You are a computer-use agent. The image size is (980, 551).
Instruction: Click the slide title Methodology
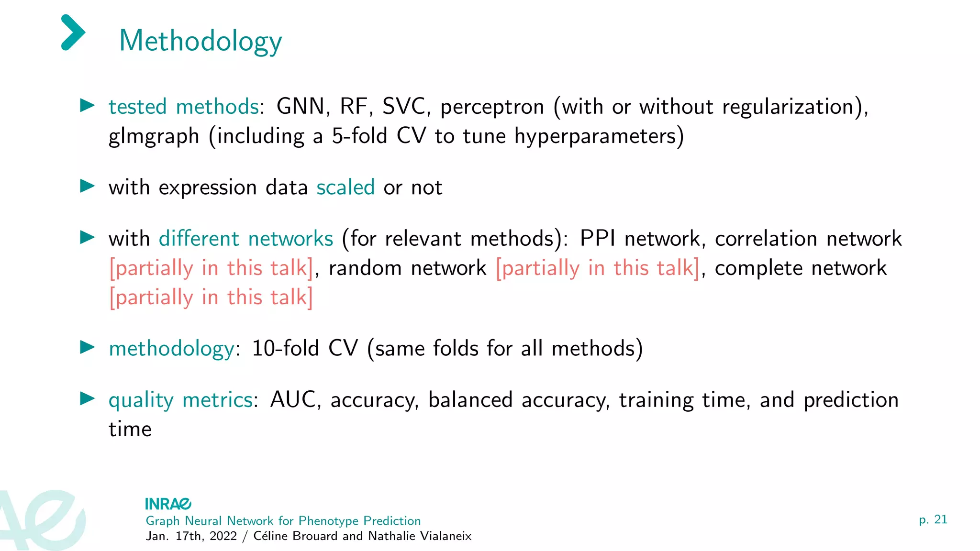pos(200,41)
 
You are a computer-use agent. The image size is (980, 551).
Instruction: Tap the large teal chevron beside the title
pos(73,33)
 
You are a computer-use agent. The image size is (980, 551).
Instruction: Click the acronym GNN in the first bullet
pos(301,107)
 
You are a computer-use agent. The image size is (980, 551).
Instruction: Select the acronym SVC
pos(404,107)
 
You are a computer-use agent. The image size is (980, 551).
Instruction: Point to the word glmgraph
pos(154,137)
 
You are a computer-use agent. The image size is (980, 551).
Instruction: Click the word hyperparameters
pos(599,137)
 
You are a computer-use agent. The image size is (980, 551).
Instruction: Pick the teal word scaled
pos(345,187)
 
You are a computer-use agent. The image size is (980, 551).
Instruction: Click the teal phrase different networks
pos(246,239)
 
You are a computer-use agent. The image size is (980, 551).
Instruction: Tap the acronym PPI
pos(597,239)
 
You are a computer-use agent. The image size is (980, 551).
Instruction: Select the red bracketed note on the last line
pos(211,298)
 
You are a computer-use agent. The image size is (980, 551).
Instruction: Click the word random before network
pos(365,268)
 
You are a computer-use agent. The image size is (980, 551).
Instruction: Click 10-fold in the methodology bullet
pos(285,348)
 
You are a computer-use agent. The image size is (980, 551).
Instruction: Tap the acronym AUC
pos(293,400)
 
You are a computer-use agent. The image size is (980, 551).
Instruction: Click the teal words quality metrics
pos(181,400)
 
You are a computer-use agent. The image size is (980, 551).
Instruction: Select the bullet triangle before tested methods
pos(87,105)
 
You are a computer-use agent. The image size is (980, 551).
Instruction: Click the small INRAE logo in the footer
pos(168,504)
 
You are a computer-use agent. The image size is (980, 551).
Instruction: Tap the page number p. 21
pos(933,519)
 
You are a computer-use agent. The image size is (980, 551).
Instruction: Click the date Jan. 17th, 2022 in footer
pos(191,536)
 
